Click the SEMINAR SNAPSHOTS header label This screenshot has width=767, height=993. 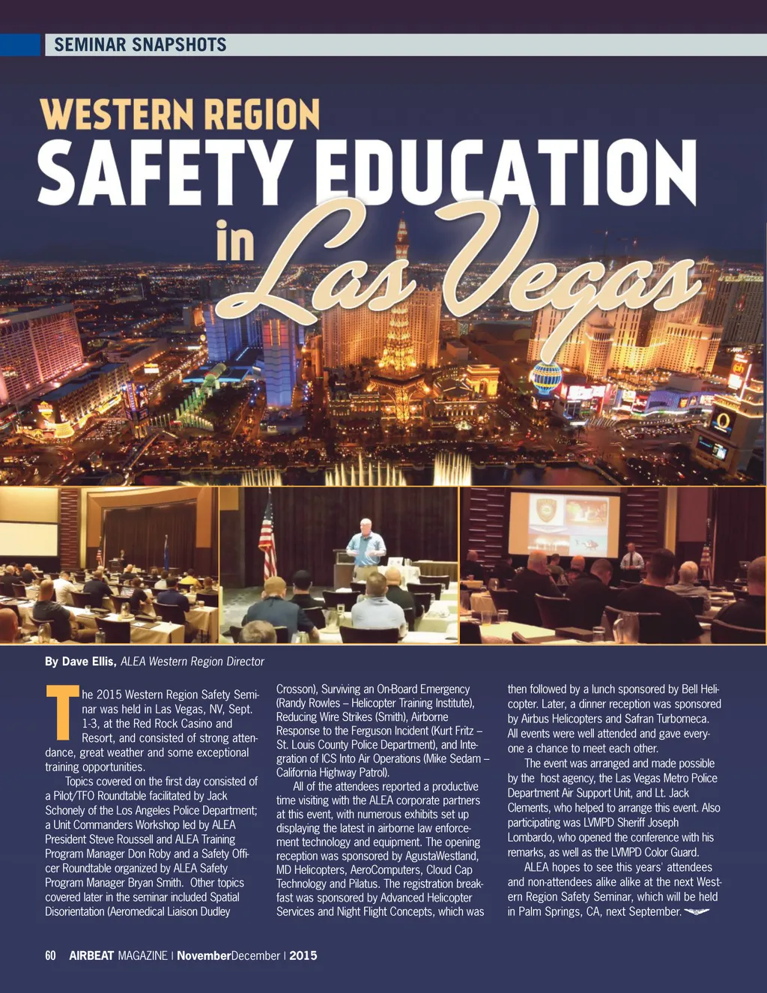(140, 44)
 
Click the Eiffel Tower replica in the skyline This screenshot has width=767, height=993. (401, 322)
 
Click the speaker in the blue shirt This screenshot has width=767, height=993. (366, 547)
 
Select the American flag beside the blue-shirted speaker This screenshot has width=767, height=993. (267, 540)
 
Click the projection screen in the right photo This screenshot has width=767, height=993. (563, 523)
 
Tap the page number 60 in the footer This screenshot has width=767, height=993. (50, 956)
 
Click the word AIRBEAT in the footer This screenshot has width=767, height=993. (91, 956)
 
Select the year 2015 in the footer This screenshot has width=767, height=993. (303, 956)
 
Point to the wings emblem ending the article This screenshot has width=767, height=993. (697, 911)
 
